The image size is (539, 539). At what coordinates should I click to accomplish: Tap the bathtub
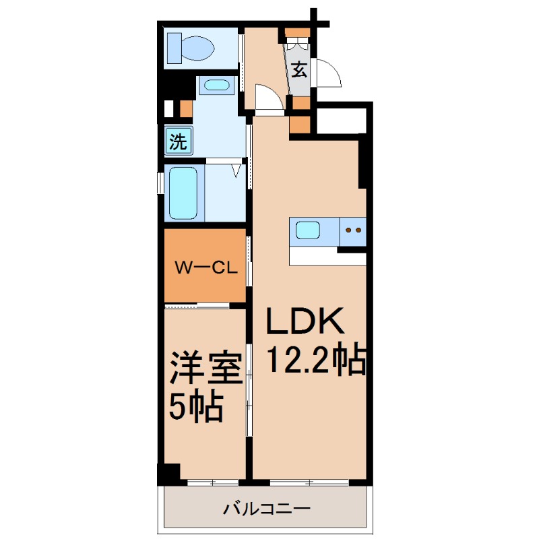point(183,193)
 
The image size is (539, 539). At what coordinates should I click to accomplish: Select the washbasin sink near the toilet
point(216,86)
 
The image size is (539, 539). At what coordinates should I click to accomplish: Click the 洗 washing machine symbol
point(178,141)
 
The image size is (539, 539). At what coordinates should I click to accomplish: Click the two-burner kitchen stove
point(352,230)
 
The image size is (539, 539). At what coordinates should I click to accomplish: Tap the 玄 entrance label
point(299,69)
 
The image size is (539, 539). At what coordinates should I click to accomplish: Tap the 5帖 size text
point(195,406)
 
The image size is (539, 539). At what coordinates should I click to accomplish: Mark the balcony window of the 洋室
point(212,482)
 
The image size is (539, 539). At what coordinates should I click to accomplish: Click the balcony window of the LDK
point(309,482)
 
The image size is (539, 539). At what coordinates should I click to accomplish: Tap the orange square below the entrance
point(300,125)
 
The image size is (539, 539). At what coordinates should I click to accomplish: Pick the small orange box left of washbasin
point(186,108)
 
